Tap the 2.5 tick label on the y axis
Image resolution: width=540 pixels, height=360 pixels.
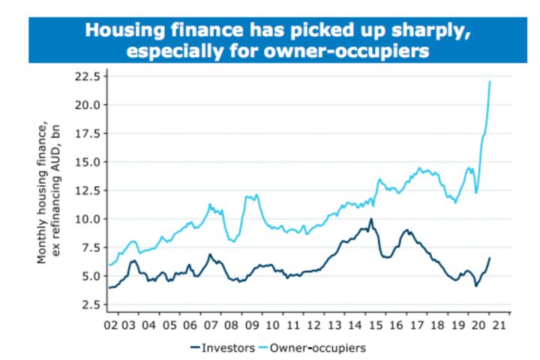click(x=90, y=304)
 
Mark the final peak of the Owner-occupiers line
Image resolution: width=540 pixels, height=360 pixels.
click(x=490, y=81)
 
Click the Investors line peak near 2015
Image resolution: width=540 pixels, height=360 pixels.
click(x=370, y=220)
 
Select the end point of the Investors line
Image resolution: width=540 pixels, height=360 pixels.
click(x=490, y=258)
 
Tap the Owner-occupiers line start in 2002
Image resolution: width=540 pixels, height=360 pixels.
click(x=109, y=265)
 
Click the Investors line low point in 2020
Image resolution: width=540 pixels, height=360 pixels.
click(x=476, y=286)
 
